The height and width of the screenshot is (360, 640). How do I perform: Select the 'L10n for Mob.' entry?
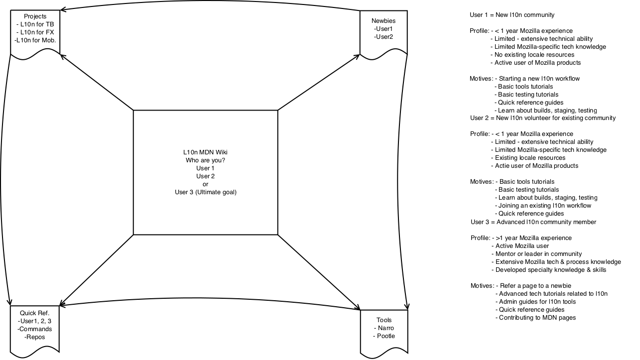pos(35,40)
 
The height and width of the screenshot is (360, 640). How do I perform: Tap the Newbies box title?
pos(384,21)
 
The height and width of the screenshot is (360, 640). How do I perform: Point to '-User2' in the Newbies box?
pos(384,37)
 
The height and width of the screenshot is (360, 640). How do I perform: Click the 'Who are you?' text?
pos(205,160)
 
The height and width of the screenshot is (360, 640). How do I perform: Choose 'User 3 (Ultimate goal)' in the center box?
pos(206,192)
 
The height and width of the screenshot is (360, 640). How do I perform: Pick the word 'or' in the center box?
pos(205,184)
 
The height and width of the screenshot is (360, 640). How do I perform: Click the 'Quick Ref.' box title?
pos(34,313)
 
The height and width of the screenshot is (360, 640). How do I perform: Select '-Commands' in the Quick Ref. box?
pos(34,329)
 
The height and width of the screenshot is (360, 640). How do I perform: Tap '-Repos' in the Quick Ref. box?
pos(34,337)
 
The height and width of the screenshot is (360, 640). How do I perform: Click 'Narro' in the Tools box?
pos(385,328)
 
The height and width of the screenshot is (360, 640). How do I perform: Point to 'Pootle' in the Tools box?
pos(385,336)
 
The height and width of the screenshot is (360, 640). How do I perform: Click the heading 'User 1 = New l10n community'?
pos(512,15)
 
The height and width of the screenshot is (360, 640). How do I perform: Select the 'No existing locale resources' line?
pos(534,55)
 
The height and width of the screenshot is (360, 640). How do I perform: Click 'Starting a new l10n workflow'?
pos(539,79)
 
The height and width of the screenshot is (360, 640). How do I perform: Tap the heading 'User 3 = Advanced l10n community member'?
pos(533,222)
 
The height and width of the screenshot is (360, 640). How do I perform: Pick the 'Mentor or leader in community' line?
pos(538,254)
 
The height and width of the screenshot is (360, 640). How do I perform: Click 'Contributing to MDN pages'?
pos(537,318)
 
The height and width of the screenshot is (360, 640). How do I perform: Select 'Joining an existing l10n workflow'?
pos(545,206)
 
